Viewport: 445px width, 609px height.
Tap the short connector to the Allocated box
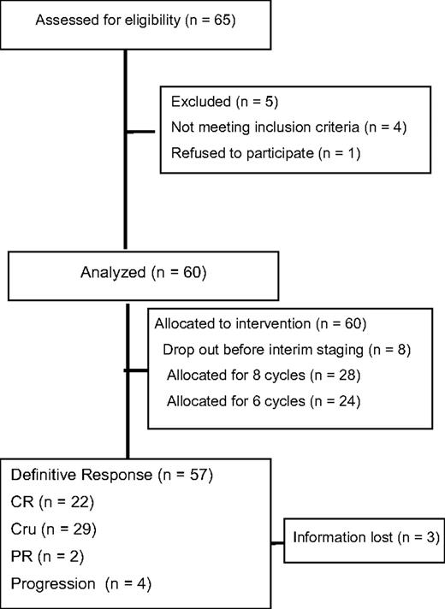click(137, 370)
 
